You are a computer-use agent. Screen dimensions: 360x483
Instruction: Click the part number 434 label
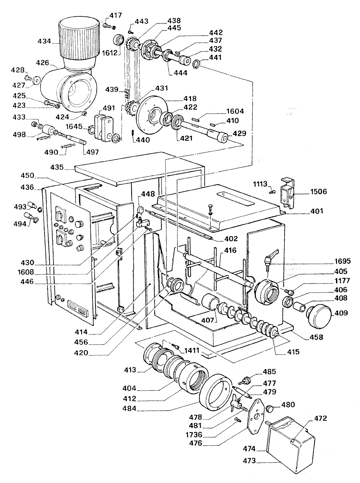point(44,41)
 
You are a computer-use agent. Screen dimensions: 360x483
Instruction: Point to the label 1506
point(318,191)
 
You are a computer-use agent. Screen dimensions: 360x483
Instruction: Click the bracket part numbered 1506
point(287,193)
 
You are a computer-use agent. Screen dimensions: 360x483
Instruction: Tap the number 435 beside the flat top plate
point(57,167)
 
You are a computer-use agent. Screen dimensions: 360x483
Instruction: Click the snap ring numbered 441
point(196,65)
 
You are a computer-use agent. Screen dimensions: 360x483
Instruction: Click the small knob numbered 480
point(270,409)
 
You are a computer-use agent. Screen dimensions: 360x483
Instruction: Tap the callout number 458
point(316,337)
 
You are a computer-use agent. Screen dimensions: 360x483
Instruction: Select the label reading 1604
point(235,111)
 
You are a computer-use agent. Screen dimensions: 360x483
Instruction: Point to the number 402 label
point(231,238)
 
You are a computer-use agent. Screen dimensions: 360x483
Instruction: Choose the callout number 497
point(92,152)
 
